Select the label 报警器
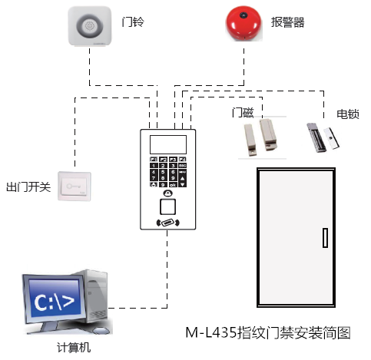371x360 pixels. click(288, 21)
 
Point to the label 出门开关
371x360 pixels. click(28, 187)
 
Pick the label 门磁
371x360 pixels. click(243, 113)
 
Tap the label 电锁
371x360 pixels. click(347, 114)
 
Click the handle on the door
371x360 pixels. click(324, 237)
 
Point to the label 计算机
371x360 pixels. click(74, 348)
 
